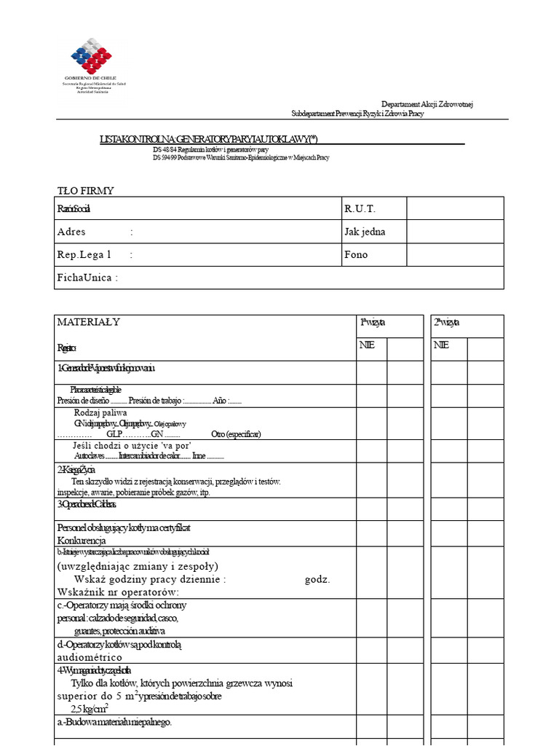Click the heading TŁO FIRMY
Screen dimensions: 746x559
85,191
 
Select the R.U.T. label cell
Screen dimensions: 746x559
360,209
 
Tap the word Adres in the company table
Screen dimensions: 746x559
71,232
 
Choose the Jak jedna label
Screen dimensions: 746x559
365,232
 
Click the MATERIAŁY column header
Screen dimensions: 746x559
89,322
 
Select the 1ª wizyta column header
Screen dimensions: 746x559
373,322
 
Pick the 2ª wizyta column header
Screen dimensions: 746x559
446,322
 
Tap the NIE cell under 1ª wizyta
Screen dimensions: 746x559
367,345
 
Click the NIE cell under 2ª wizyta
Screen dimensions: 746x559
441,345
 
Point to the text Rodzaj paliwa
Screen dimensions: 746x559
100,413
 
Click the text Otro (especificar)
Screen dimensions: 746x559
236,434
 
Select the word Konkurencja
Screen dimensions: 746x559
82,541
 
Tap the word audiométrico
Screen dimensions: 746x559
90,657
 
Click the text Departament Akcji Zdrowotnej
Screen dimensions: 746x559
427,105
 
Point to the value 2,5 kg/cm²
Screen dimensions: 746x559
90,708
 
